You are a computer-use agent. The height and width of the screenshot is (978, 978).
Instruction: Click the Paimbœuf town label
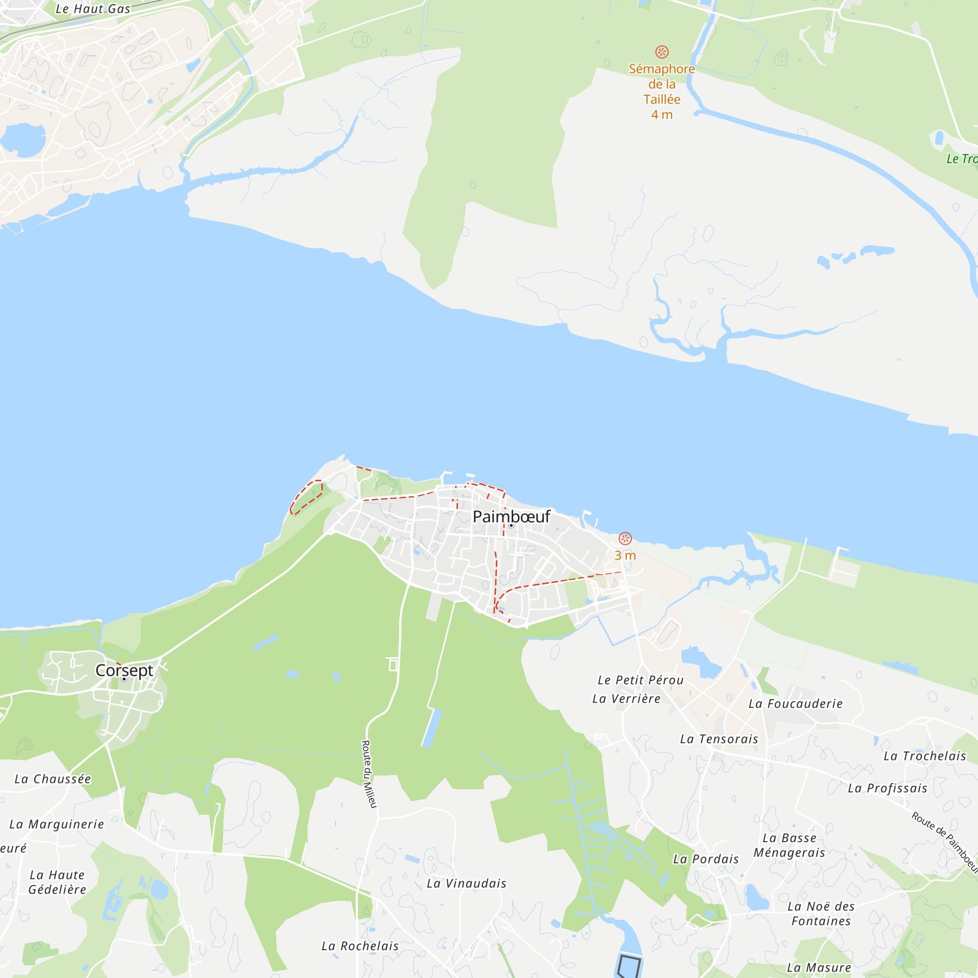(x=511, y=516)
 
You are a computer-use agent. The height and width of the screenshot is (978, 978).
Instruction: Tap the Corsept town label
(x=124, y=670)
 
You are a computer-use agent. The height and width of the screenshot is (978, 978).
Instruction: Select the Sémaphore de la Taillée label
(x=662, y=91)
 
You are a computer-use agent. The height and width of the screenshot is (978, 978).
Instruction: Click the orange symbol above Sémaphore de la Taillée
(x=662, y=52)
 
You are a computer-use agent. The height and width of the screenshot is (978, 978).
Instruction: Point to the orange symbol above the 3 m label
(x=625, y=538)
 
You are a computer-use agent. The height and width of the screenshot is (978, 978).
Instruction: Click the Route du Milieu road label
(x=369, y=774)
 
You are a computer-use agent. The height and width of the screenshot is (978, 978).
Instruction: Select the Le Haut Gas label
(x=92, y=9)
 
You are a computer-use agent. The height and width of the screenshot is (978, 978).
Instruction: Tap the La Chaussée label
(x=53, y=779)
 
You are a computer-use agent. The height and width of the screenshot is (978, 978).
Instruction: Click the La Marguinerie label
(x=57, y=824)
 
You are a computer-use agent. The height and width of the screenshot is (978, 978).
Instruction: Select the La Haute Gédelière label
(x=57, y=882)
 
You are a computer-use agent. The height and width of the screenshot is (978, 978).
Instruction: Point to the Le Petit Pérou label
(x=641, y=680)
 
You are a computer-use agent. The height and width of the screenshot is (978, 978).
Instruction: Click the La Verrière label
(x=626, y=699)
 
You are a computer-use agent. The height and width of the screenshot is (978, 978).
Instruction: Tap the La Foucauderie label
(x=795, y=704)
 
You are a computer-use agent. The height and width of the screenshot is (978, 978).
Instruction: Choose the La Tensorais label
(x=719, y=739)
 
